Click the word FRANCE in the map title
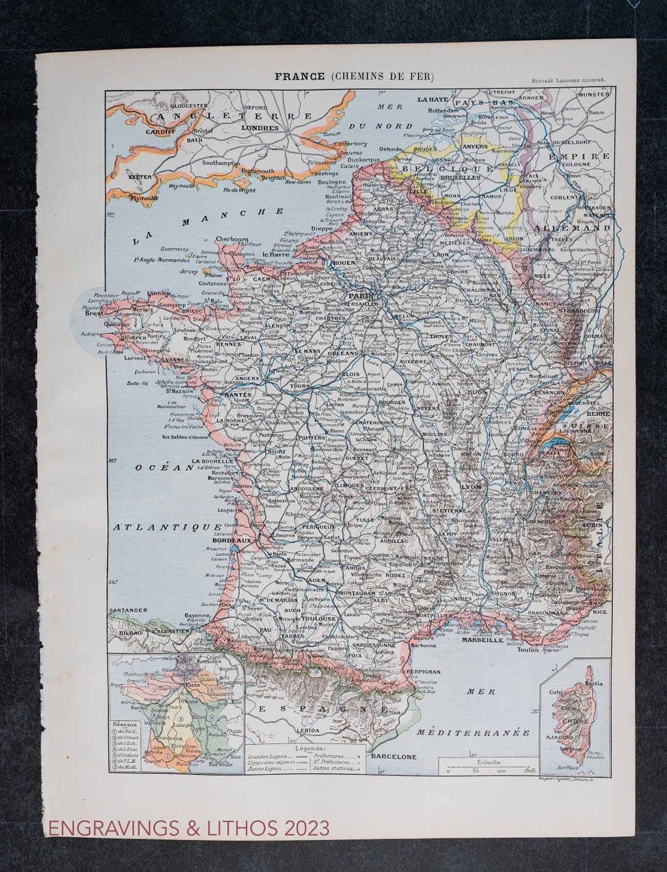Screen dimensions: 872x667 pyautogui.click(x=300, y=76)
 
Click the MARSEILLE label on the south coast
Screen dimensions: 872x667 pyautogui.click(x=482, y=640)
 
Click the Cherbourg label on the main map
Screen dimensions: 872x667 pyautogui.click(x=232, y=239)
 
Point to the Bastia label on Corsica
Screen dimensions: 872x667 pyautogui.click(x=594, y=684)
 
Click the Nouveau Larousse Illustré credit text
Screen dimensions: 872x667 pyautogui.click(x=568, y=80)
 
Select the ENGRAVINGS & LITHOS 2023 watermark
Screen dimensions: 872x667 pyautogui.click(x=189, y=828)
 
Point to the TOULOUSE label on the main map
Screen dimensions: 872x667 pyautogui.click(x=319, y=618)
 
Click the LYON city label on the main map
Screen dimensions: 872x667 pyautogui.click(x=471, y=487)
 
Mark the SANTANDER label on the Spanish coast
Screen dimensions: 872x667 pyautogui.click(x=128, y=610)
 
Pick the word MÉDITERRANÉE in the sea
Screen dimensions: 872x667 pyautogui.click(x=473, y=732)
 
